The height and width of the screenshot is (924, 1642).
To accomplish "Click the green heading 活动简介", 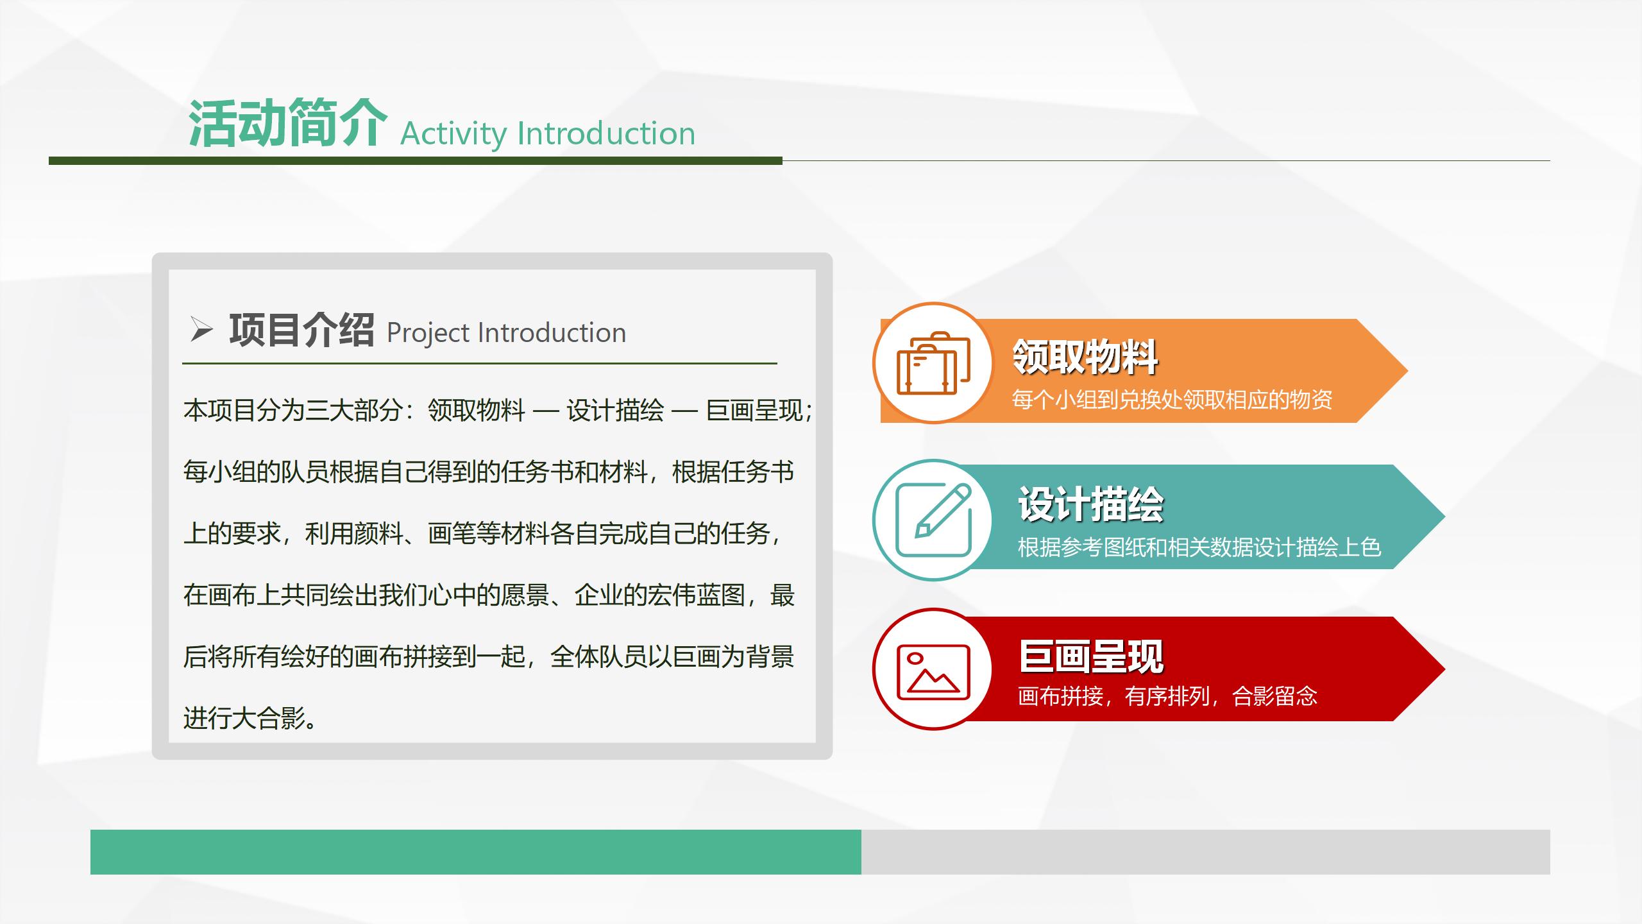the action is click(x=288, y=124).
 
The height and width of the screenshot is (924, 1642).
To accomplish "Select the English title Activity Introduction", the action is click(x=548, y=134).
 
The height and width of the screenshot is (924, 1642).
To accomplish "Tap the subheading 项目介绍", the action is click(x=301, y=330).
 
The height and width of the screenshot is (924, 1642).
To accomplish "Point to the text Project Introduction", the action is click(x=506, y=333).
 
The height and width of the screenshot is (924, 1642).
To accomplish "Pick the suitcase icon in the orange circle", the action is click(x=933, y=363).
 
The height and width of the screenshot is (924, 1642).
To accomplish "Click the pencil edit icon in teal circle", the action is click(x=934, y=520).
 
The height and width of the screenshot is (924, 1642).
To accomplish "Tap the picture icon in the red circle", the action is click(x=933, y=672).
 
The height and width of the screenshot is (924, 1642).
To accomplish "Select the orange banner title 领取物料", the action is click(x=1085, y=357).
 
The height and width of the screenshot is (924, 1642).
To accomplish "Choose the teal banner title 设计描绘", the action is click(x=1090, y=504).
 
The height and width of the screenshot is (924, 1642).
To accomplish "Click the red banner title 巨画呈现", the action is click(x=1091, y=656).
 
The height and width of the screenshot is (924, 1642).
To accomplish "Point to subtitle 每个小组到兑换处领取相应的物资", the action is click(x=1172, y=400).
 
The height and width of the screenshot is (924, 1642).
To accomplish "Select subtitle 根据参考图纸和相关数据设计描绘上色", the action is click(x=1199, y=547).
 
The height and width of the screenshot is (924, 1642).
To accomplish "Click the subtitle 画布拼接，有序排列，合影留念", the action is click(x=1167, y=696).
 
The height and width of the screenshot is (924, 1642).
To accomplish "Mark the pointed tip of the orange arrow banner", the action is click(x=1407, y=371).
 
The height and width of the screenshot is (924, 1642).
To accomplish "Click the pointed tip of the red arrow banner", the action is click(x=1444, y=669).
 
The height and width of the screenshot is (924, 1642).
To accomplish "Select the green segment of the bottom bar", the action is click(x=476, y=852).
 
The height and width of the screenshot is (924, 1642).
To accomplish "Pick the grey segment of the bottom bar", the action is click(x=1206, y=852).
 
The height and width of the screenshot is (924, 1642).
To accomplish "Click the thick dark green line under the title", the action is click(x=416, y=161).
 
